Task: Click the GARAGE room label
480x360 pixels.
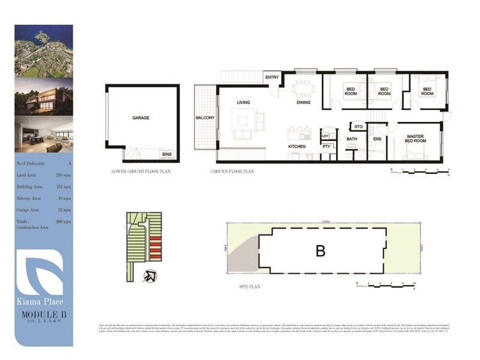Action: [141, 118]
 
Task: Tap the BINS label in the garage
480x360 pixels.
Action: [166, 154]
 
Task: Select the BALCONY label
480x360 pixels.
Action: [205, 118]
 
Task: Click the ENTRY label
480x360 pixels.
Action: [271, 77]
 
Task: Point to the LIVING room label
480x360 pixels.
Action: [243, 103]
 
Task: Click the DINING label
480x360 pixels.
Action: [304, 103]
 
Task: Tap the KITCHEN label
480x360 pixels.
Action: [296, 146]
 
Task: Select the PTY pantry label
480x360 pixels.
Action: [326, 146]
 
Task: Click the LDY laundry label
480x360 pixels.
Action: [326, 135]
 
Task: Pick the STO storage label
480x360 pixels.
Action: [358, 127]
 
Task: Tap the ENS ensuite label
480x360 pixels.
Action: [377, 139]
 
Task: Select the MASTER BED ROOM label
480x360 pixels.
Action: [415, 139]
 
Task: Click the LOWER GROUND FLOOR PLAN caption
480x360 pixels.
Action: [142, 171]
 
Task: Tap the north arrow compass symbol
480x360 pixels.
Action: [149, 275]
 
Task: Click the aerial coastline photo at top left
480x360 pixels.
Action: [44, 50]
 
